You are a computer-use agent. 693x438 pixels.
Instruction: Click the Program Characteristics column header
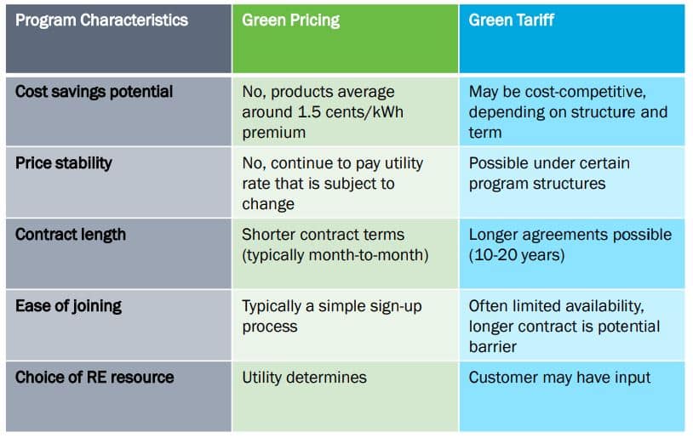point(101,20)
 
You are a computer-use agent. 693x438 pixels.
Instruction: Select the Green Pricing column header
point(291,20)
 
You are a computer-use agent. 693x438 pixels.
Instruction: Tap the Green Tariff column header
point(512,20)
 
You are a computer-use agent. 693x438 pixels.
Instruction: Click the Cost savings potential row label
point(94,92)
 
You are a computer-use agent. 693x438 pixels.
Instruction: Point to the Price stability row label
point(64,163)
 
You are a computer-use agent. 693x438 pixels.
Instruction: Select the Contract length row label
point(71,235)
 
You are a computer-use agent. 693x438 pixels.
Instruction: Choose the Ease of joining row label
point(68,306)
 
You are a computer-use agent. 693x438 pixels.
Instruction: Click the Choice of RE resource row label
point(94,378)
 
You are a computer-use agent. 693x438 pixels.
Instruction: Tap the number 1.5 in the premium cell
point(310,112)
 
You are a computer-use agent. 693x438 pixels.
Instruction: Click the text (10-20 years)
point(517,255)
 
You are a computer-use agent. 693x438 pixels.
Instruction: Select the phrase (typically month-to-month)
point(335,255)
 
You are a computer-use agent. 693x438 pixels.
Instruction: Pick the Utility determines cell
point(305,378)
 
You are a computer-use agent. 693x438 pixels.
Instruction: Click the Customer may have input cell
point(559,378)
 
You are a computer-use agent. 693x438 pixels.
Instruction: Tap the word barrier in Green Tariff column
point(493,347)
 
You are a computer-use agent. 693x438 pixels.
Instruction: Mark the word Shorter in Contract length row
point(268,235)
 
